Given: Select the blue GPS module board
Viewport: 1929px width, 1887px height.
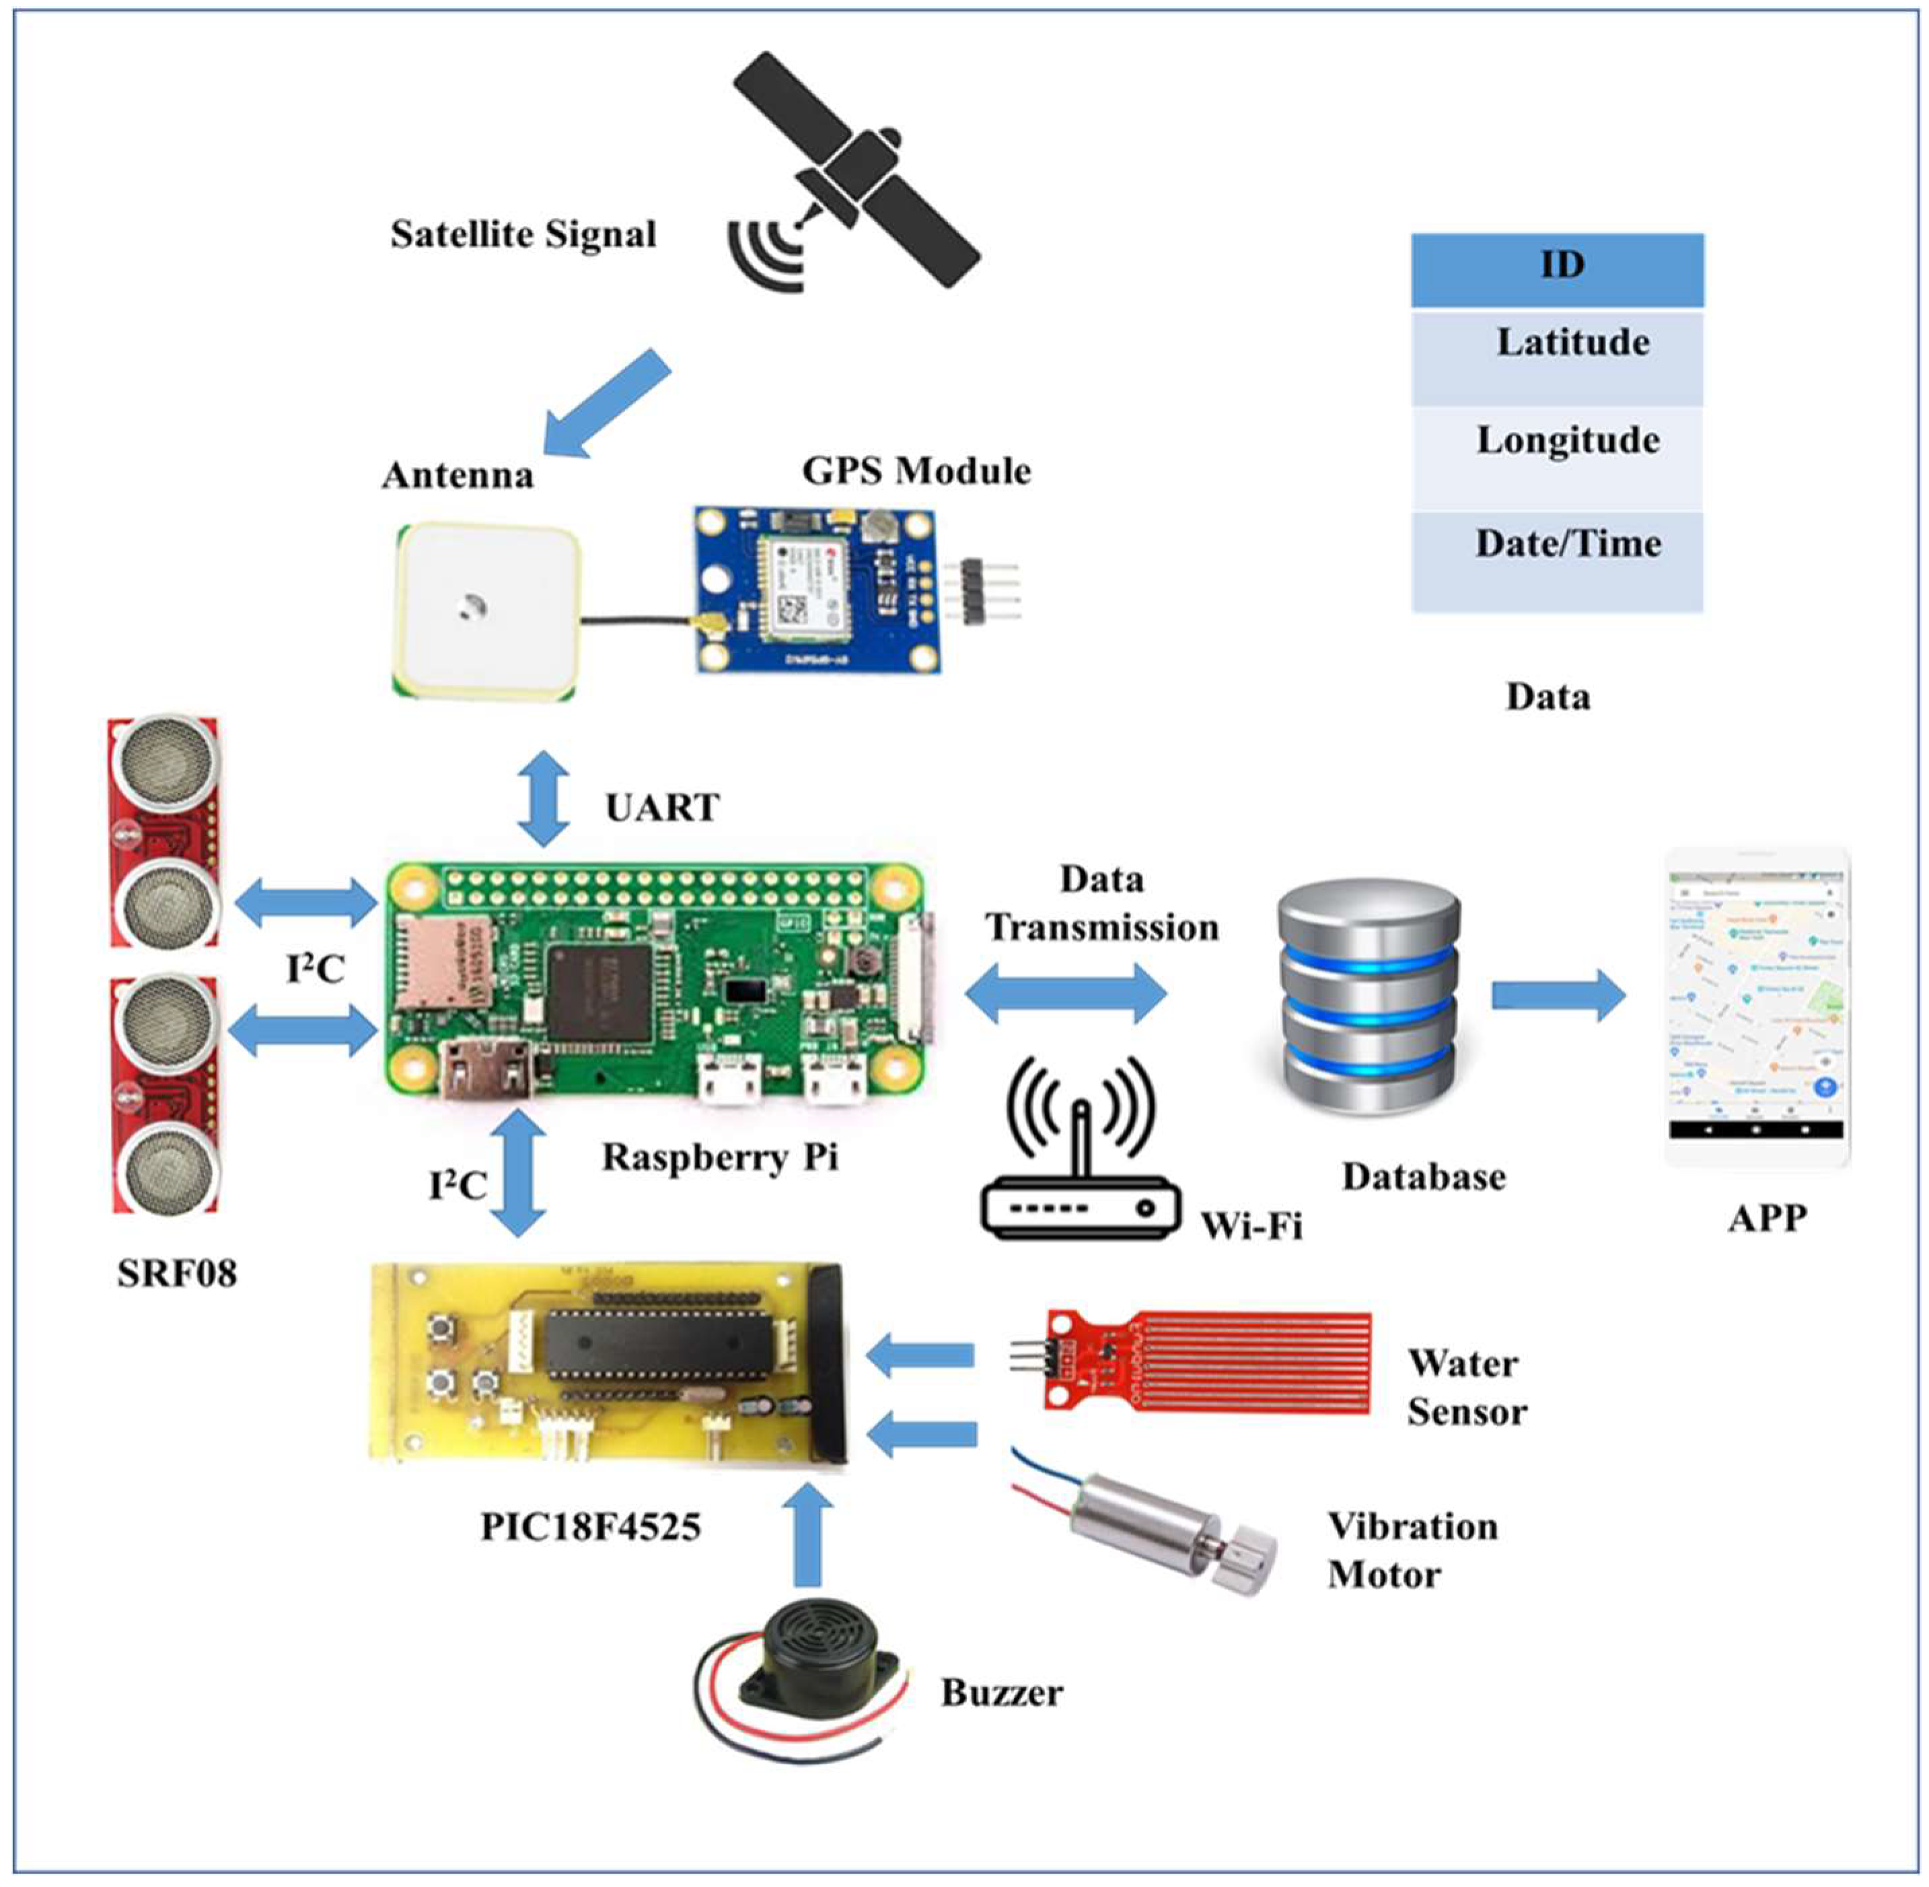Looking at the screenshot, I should [x=814, y=591].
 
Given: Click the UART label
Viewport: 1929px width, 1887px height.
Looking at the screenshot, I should [x=662, y=808].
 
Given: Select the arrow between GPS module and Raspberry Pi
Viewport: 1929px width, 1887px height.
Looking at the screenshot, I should [x=543, y=799].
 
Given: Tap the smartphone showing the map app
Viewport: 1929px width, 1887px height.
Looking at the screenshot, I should [x=1757, y=1006].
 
